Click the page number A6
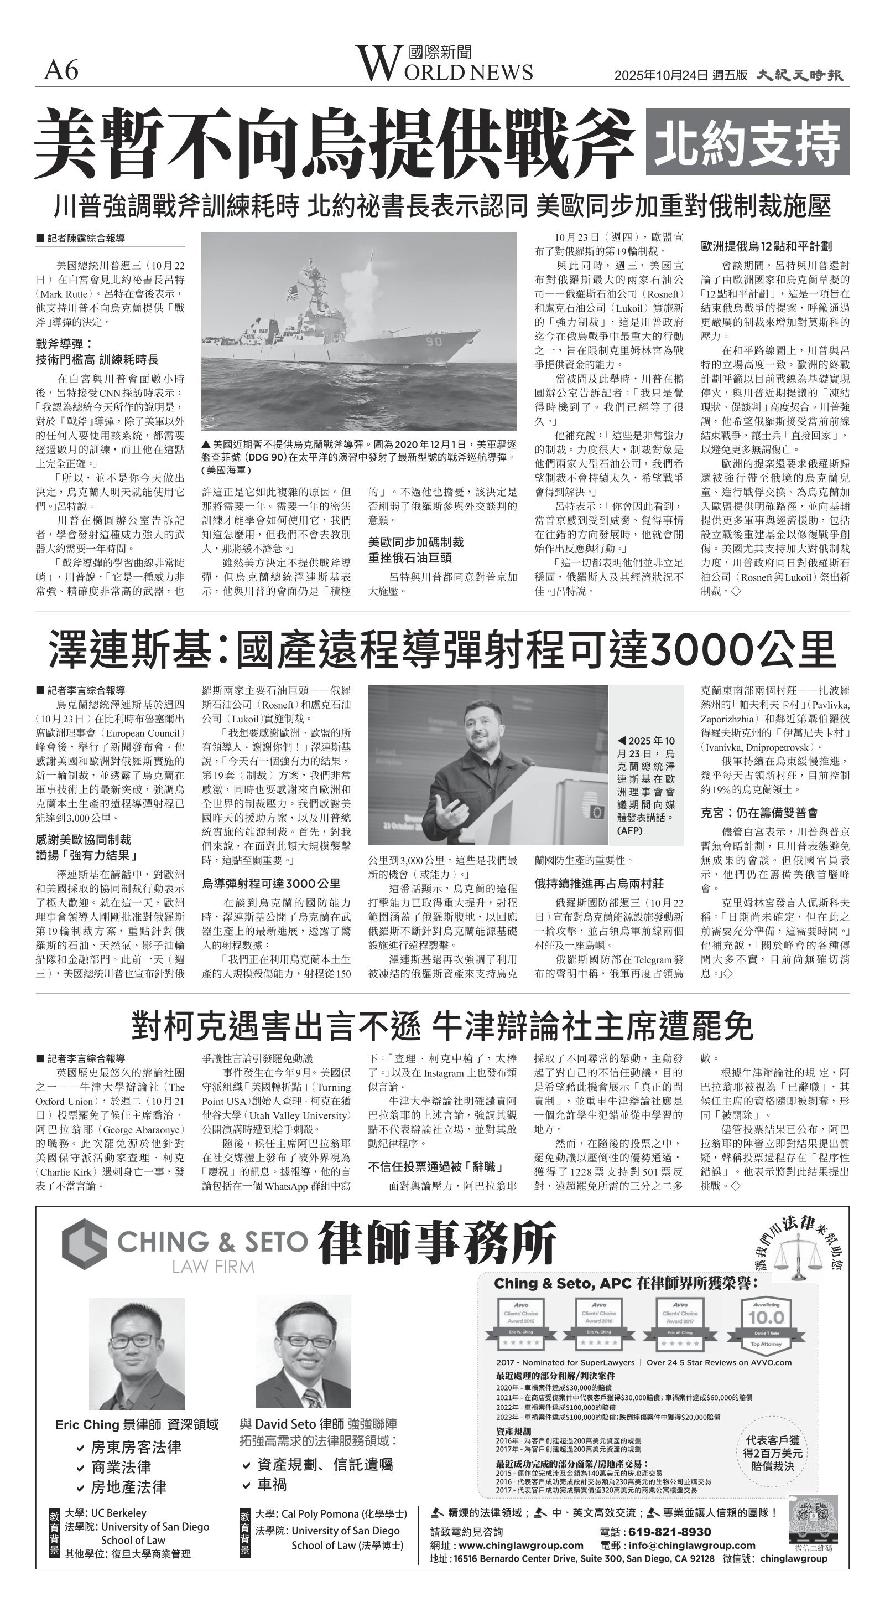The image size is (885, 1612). click(x=61, y=70)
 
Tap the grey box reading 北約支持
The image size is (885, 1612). click(x=747, y=142)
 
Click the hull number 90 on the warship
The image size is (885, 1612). click(x=434, y=342)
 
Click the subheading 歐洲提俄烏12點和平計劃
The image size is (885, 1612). click(x=766, y=246)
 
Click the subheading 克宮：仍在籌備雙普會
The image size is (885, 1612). click(x=759, y=813)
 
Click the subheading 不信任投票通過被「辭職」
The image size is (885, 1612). click(x=436, y=1166)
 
